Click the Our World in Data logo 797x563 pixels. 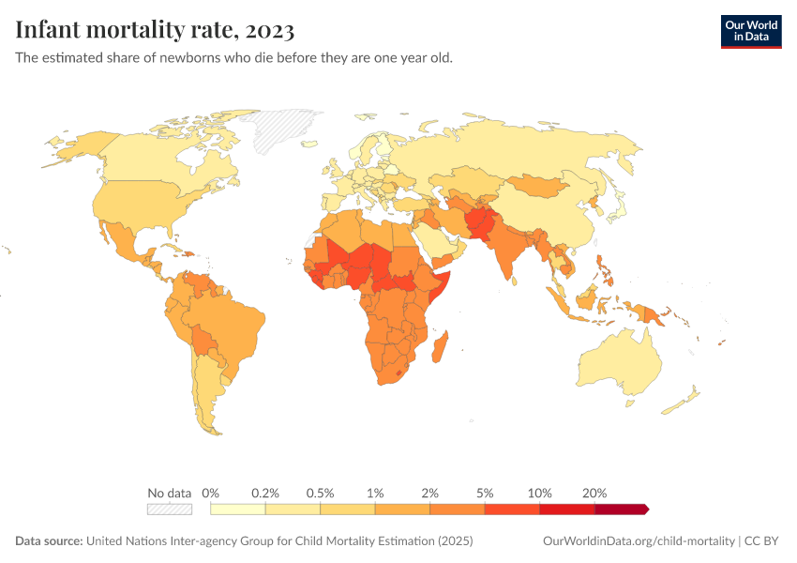click(x=750, y=30)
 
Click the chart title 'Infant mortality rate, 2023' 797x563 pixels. click(x=155, y=30)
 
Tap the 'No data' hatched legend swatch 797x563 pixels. click(x=169, y=509)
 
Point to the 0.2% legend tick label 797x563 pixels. click(x=265, y=493)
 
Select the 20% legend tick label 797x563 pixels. click(x=594, y=493)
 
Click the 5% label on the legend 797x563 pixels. click(x=485, y=493)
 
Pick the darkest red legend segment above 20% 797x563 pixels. click(x=621, y=509)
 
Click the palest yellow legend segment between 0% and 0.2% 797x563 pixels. click(x=238, y=509)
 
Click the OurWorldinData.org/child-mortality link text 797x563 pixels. click(x=639, y=541)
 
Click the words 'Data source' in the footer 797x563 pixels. click(x=49, y=541)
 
